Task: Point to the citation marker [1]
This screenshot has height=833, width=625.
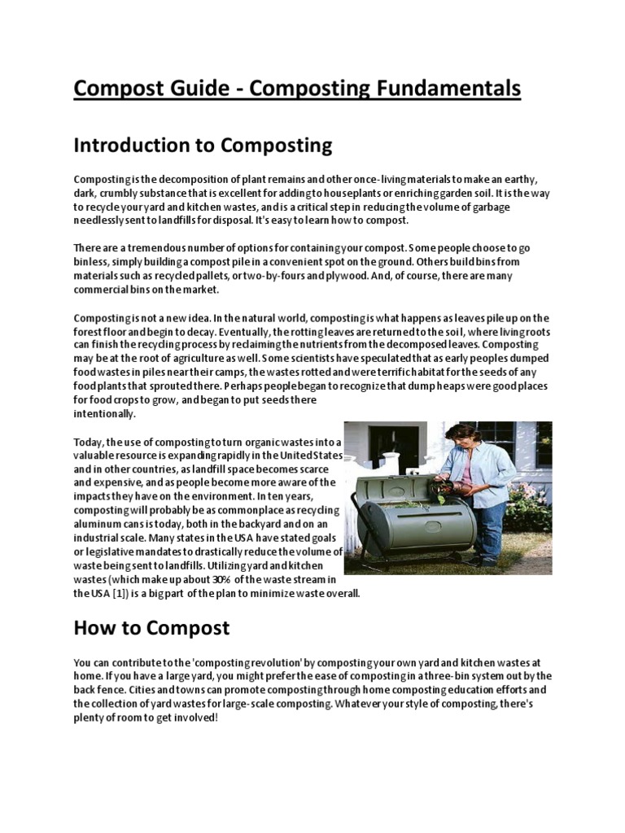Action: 120,593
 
